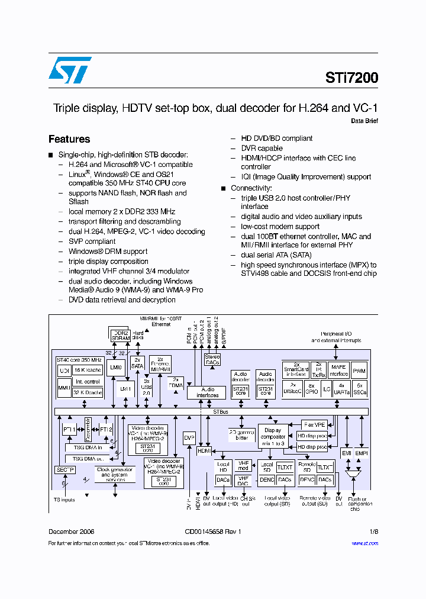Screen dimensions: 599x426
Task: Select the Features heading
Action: (x=69, y=139)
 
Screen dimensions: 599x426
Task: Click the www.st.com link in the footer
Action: (x=365, y=543)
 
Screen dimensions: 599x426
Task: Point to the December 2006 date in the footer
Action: (x=71, y=532)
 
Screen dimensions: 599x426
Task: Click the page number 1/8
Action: (x=373, y=532)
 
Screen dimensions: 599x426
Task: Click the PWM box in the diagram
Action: (x=359, y=372)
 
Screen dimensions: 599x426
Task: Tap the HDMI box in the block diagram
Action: (x=204, y=450)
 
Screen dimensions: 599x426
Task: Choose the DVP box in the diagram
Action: (x=189, y=437)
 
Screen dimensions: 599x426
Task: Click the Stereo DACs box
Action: (x=212, y=359)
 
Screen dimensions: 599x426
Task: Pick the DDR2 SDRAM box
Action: (x=121, y=334)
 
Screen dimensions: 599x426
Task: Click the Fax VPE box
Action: (x=314, y=425)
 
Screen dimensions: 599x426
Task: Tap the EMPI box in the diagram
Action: (x=362, y=453)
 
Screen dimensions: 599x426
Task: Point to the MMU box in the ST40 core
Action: (x=64, y=388)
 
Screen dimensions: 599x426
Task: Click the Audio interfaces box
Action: (x=207, y=392)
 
